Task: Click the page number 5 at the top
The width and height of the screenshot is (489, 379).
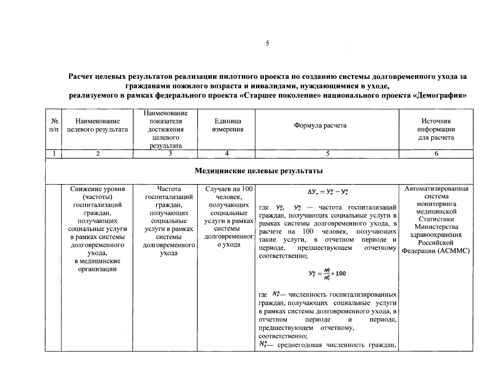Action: point(267,44)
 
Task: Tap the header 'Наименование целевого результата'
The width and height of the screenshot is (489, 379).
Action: point(98,125)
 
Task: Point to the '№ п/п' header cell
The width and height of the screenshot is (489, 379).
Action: point(54,125)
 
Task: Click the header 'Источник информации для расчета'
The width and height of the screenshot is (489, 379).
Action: point(436,129)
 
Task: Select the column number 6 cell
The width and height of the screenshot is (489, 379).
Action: point(436,154)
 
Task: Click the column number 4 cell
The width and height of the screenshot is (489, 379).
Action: point(227,154)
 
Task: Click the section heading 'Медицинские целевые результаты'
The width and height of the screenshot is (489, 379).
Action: point(259,171)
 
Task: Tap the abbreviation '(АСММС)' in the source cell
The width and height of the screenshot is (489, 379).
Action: point(453,251)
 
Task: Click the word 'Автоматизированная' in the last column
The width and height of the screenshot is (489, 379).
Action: point(436,189)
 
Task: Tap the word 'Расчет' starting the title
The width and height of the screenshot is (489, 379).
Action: point(82,77)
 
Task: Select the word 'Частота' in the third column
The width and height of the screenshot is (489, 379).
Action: point(169,189)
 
